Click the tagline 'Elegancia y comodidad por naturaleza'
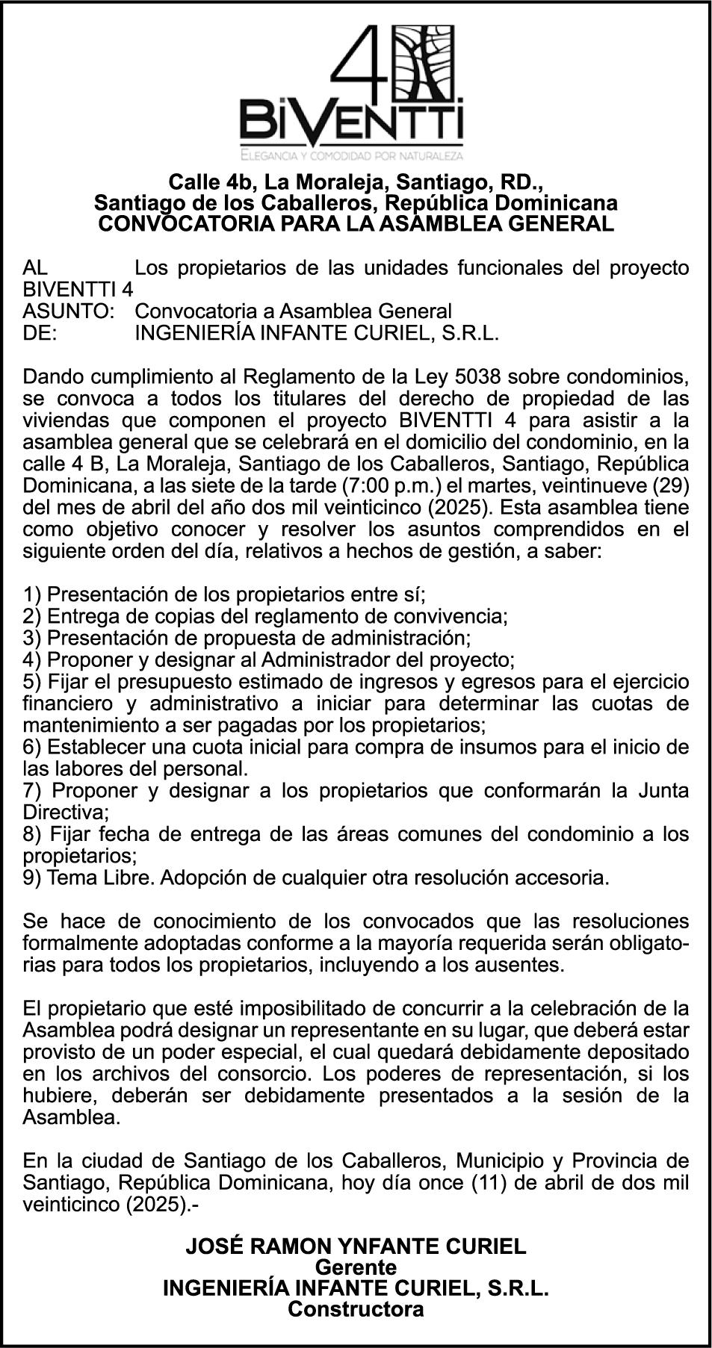click(351, 155)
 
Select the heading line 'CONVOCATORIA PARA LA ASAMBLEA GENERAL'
click(356, 223)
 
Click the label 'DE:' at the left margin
click(40, 332)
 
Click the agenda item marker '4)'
click(33, 659)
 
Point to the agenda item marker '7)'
click(34, 790)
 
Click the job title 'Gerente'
click(356, 1267)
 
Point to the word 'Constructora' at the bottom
click(356, 1308)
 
